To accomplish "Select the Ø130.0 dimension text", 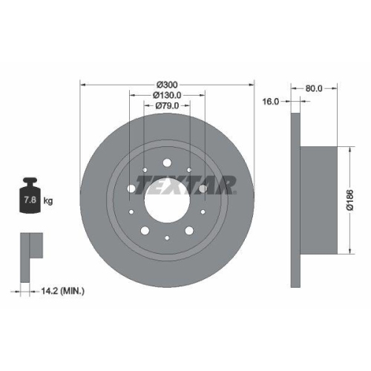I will (167, 95).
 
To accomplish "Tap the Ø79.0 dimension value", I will (167, 106).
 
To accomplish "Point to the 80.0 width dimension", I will (315, 88).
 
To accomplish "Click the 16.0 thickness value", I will (271, 102).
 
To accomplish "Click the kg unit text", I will (47, 201).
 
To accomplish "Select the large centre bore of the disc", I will (167, 200).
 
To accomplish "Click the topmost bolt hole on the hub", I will (167, 163).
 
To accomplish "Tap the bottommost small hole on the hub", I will (167, 237).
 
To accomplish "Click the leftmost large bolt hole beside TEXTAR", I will (132, 189).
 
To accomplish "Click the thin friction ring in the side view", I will (295, 200).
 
